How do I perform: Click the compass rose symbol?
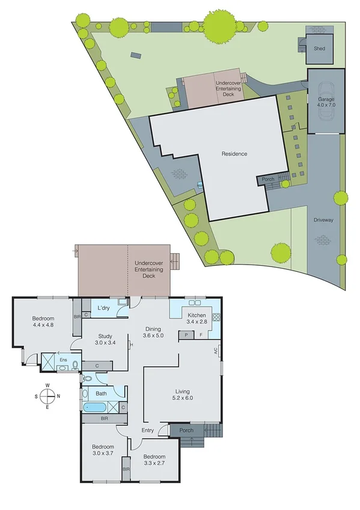pos(47,396)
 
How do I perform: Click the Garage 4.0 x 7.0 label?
pos(326,102)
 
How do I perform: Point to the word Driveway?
pos(323,220)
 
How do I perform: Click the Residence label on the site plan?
pos(234,154)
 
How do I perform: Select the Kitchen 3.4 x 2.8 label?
pos(197,319)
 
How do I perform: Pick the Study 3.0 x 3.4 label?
pos(105,339)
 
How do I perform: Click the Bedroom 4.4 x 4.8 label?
pos(43,322)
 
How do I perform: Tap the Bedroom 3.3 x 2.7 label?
pos(154,460)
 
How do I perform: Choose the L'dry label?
pos(103,308)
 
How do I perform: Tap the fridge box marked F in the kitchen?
pos(201,334)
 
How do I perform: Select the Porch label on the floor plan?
pos(186,431)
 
